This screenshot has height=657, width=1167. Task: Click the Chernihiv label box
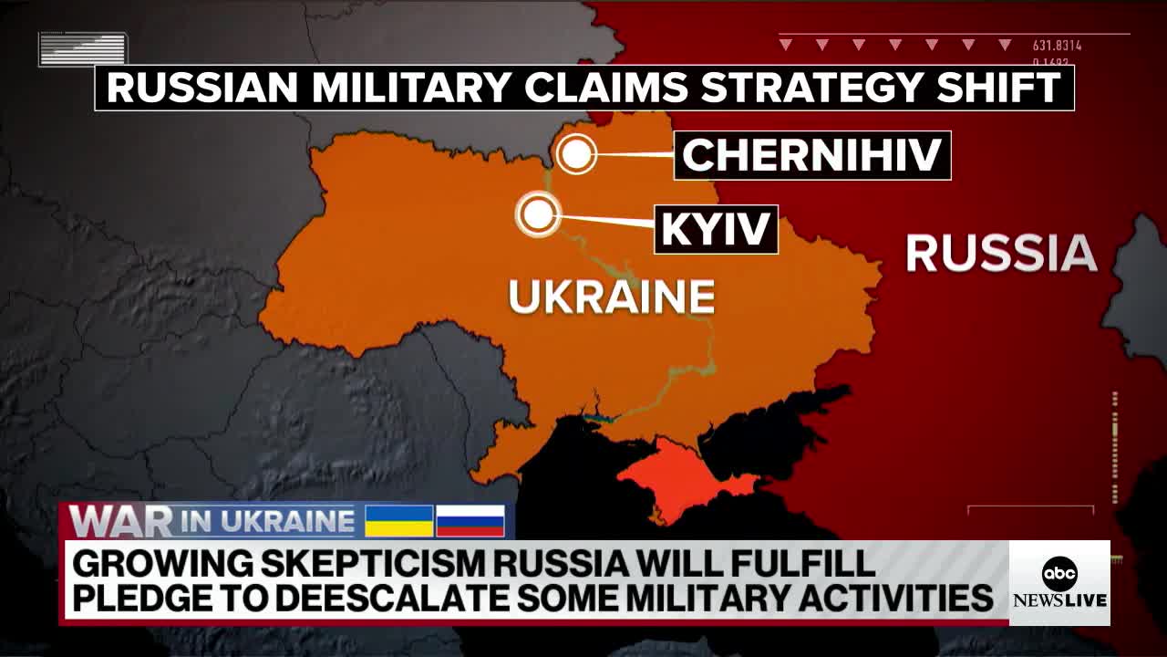pyautogui.click(x=812, y=155)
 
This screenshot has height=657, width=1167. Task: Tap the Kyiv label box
pyautogui.click(x=716, y=229)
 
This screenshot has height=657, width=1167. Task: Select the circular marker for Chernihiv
pyautogui.click(x=576, y=154)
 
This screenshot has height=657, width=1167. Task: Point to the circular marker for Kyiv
pyautogui.click(x=538, y=215)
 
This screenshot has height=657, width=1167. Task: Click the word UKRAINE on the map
pyautogui.click(x=611, y=297)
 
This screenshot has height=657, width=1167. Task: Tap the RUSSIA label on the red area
pyautogui.click(x=1001, y=253)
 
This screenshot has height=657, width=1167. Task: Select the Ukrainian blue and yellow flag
pyautogui.click(x=399, y=520)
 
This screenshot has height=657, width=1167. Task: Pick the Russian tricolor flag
pyautogui.click(x=470, y=520)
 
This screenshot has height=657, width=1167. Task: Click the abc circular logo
pyautogui.click(x=1059, y=573)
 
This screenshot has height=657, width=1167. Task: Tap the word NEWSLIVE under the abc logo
pyautogui.click(x=1059, y=600)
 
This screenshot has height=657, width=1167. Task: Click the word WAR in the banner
pyautogui.click(x=120, y=522)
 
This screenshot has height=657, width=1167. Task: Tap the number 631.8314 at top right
pyautogui.click(x=1057, y=46)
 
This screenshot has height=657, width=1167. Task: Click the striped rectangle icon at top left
pyautogui.click(x=83, y=49)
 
